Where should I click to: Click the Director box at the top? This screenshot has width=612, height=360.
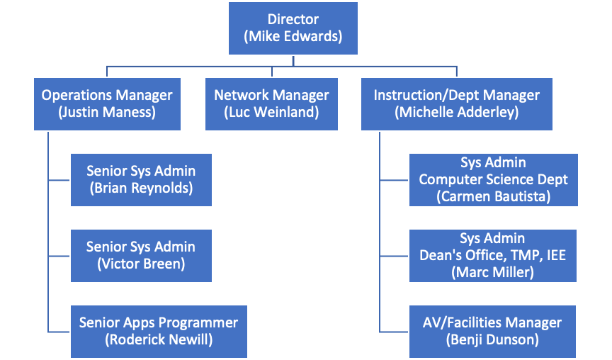[x=293, y=28]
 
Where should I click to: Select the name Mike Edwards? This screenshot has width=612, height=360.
[x=293, y=37]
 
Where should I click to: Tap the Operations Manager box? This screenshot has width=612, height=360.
[x=106, y=103]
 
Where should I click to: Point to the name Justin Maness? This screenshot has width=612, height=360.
[x=106, y=112]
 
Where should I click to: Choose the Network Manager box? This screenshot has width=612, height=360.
[x=271, y=103]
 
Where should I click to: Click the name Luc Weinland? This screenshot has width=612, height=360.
[x=271, y=112]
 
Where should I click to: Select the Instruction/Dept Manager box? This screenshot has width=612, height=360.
[x=456, y=103]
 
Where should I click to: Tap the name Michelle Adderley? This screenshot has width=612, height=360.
[x=456, y=112]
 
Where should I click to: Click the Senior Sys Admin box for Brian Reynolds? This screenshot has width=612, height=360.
[x=141, y=179]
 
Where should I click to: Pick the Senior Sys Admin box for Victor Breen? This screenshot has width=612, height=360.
[x=141, y=255]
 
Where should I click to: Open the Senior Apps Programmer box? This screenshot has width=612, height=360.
[x=159, y=331]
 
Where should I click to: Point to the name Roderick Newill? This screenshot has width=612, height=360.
[x=159, y=339]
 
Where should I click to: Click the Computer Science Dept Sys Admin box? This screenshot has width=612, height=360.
[x=493, y=179]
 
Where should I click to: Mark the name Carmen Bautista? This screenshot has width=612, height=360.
[x=493, y=196]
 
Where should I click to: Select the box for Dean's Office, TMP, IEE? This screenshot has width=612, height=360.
[x=493, y=255]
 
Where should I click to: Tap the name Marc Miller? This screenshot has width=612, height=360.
[x=493, y=272]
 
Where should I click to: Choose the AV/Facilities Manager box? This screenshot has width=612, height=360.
[x=493, y=331]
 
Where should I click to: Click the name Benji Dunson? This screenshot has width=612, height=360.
[x=493, y=340]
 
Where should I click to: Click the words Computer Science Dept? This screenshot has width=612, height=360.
[x=493, y=179]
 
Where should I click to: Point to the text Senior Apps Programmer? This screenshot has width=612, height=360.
[x=159, y=322]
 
